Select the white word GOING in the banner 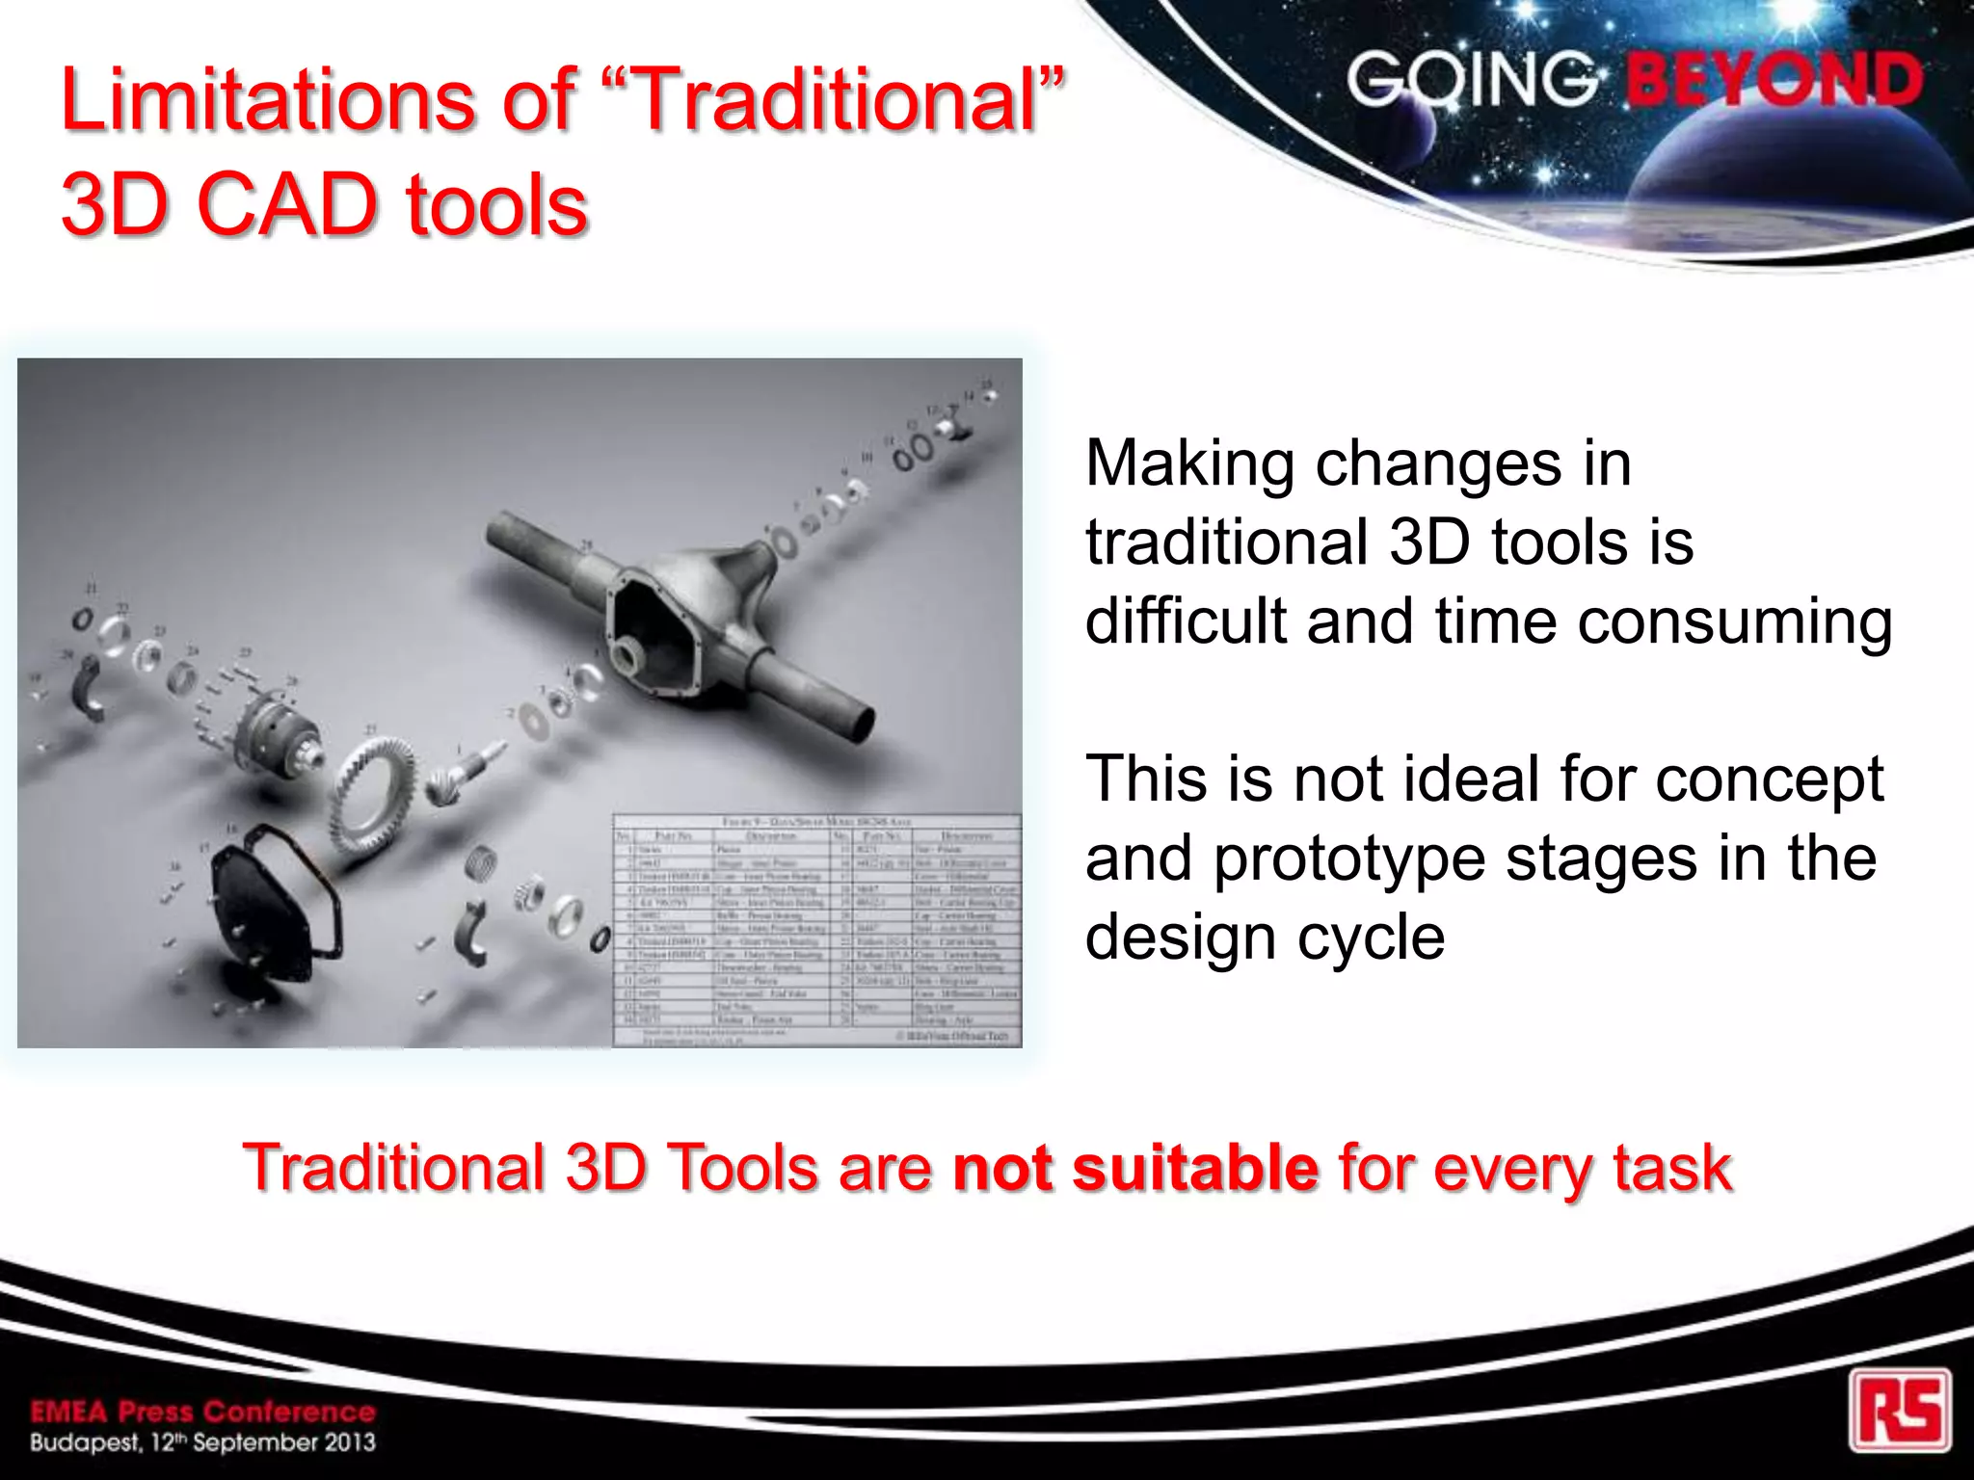pyautogui.click(x=1472, y=80)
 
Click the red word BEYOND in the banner pyautogui.click(x=1774, y=81)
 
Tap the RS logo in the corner pyautogui.click(x=1900, y=1410)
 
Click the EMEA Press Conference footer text pyautogui.click(x=202, y=1412)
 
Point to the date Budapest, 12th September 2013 pyautogui.click(x=202, y=1443)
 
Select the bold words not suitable pyautogui.click(x=1134, y=1168)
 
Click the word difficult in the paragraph pyautogui.click(x=1186, y=621)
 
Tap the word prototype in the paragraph pyautogui.click(x=1348, y=858)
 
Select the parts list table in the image pyautogui.click(x=816, y=930)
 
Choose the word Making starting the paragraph pyautogui.click(x=1189, y=464)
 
